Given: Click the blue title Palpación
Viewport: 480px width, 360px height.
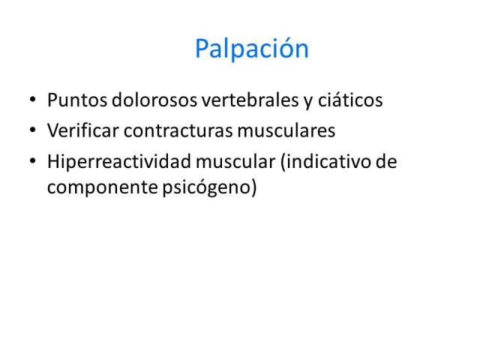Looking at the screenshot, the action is tap(252, 49).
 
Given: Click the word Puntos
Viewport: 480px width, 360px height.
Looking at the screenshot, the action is tap(77, 100).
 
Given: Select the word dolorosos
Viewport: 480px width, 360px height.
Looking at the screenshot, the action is tap(154, 100).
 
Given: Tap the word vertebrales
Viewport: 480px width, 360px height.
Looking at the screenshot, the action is tap(250, 100).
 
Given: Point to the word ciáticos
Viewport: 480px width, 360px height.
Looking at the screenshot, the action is tap(350, 100).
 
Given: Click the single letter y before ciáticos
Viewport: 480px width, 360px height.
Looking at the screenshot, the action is tap(308, 102).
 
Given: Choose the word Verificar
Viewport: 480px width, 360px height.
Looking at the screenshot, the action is tap(83, 130).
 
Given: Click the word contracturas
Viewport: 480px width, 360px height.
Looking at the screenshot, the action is tap(178, 131).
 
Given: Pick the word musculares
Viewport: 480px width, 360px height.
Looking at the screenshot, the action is tap(286, 130).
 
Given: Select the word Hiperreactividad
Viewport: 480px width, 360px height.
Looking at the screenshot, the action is tap(119, 161).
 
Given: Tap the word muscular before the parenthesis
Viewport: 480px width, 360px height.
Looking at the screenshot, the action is tap(235, 161).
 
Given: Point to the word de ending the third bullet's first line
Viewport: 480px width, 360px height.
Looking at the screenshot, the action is tap(386, 161).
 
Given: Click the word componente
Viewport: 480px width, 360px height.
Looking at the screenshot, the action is tap(102, 187).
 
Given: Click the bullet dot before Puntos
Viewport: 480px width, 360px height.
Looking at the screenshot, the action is tap(33, 100).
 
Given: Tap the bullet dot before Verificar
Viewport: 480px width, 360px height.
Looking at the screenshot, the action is tap(33, 130).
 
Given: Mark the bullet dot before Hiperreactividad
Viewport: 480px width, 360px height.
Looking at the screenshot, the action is tap(33, 161).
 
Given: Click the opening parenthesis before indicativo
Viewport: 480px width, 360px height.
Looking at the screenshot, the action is tap(283, 162).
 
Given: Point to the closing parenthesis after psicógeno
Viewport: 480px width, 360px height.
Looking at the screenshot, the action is tap(253, 187).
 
